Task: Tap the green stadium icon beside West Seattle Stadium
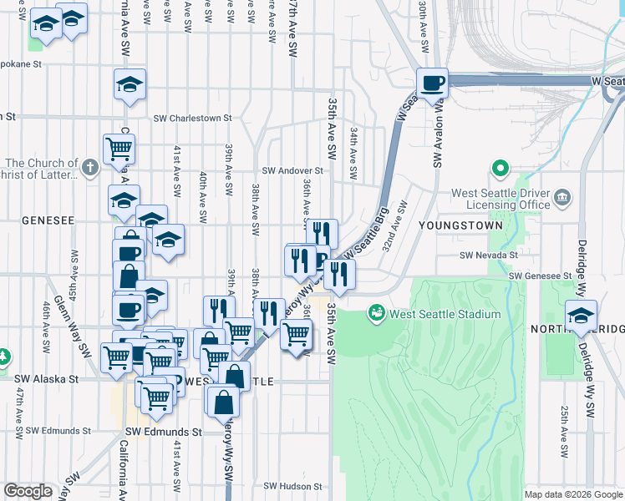point(377,314)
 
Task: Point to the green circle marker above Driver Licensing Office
point(501,170)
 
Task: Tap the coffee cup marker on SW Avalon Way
point(433,83)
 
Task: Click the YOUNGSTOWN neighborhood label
point(467,225)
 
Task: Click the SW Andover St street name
point(292,170)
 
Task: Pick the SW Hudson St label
point(292,485)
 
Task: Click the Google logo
point(28,491)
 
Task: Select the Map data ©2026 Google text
point(573,494)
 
